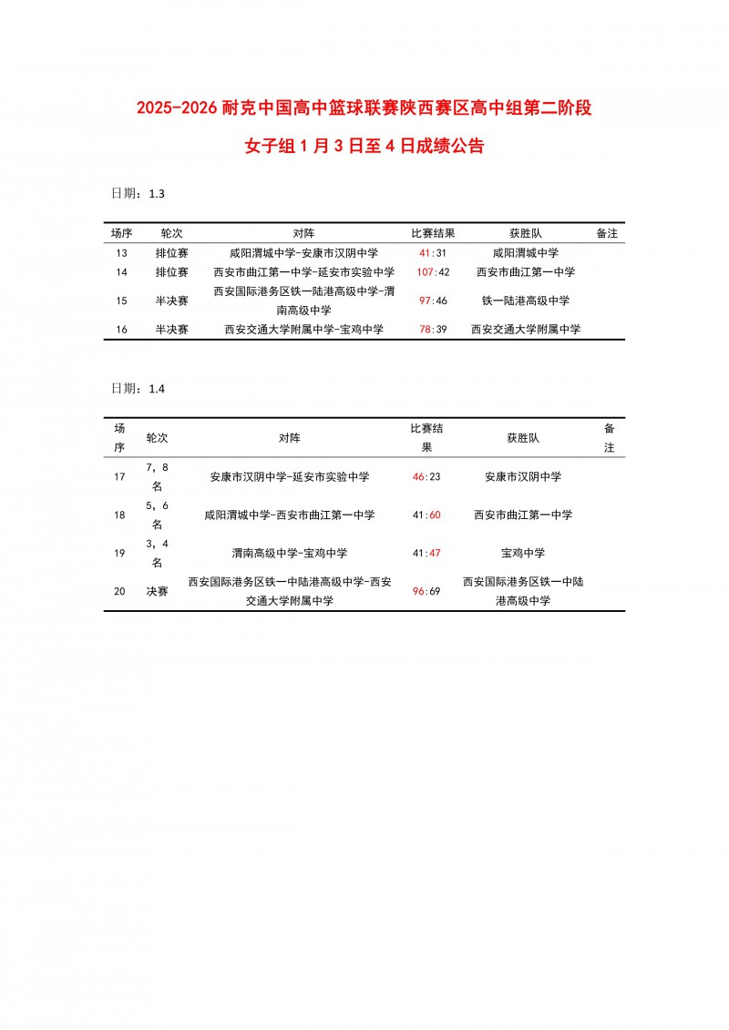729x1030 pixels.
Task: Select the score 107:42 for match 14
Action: [433, 272]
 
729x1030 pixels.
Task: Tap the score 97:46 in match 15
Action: [433, 301]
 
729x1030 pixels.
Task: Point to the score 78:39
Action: [433, 330]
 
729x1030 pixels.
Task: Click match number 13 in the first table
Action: [122, 253]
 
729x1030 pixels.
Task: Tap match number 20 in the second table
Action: [119, 591]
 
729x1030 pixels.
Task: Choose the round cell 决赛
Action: [158, 591]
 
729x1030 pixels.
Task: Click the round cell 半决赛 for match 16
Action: [172, 330]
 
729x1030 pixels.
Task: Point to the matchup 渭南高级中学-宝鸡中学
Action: [290, 553]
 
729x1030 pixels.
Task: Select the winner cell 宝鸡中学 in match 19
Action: [523, 553]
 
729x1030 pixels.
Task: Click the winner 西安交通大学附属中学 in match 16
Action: [526, 330]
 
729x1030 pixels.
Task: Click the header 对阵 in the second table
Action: [290, 438]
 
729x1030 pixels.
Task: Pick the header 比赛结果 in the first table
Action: [433, 233]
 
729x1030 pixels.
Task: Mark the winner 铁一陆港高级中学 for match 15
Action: [526, 301]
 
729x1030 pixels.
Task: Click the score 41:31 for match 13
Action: [433, 253]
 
